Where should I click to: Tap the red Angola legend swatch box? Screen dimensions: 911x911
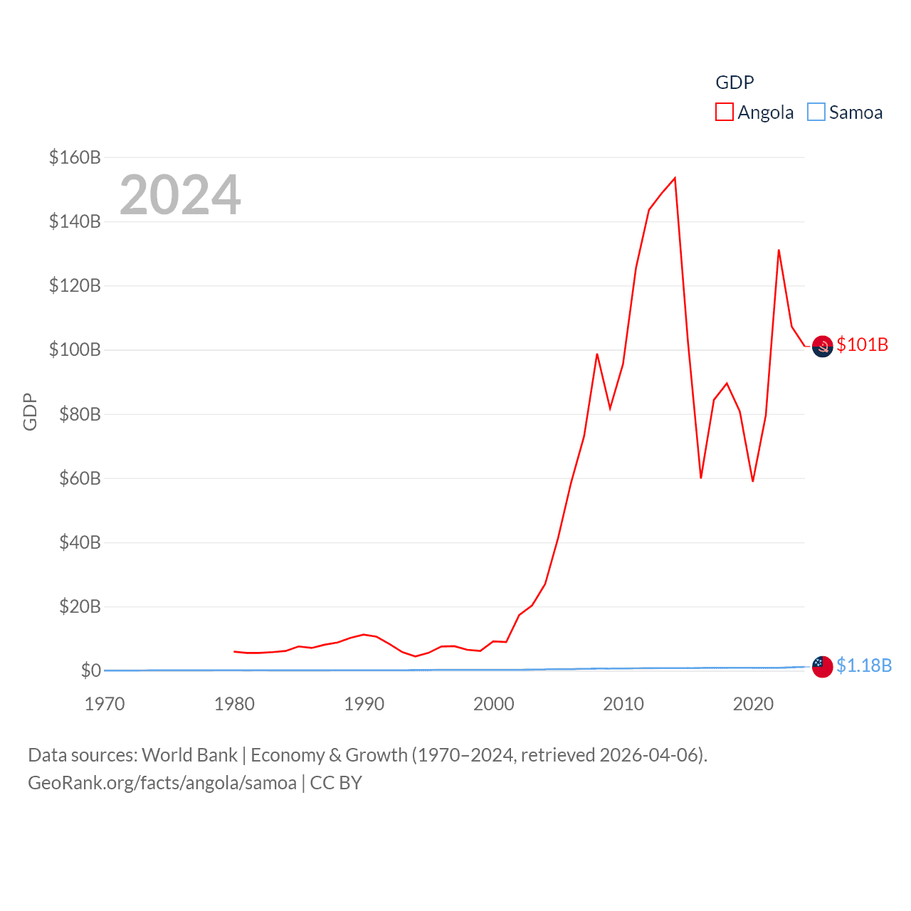pos(725,112)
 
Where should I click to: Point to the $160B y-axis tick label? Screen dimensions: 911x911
pos(75,157)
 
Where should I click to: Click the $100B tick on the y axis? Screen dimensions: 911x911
pos(75,349)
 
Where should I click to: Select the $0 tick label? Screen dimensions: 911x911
pos(91,670)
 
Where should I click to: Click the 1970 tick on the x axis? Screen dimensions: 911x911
pos(105,704)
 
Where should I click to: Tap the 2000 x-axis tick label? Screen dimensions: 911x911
pos(494,704)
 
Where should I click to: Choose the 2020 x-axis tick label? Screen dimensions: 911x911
pos(753,704)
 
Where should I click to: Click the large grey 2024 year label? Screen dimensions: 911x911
pos(180,195)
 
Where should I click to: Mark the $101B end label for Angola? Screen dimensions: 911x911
pos(863,344)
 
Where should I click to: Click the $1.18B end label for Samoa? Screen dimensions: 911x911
pos(864,665)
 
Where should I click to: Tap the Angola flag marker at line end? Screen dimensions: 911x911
pos(822,347)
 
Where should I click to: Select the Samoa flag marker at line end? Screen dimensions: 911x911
pos(822,667)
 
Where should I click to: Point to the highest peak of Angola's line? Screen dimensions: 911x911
pos(675,178)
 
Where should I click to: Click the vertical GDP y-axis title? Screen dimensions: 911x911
pos(30,411)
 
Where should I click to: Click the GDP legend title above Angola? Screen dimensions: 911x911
pos(734,83)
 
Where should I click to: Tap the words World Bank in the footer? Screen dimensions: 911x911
pos(189,754)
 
